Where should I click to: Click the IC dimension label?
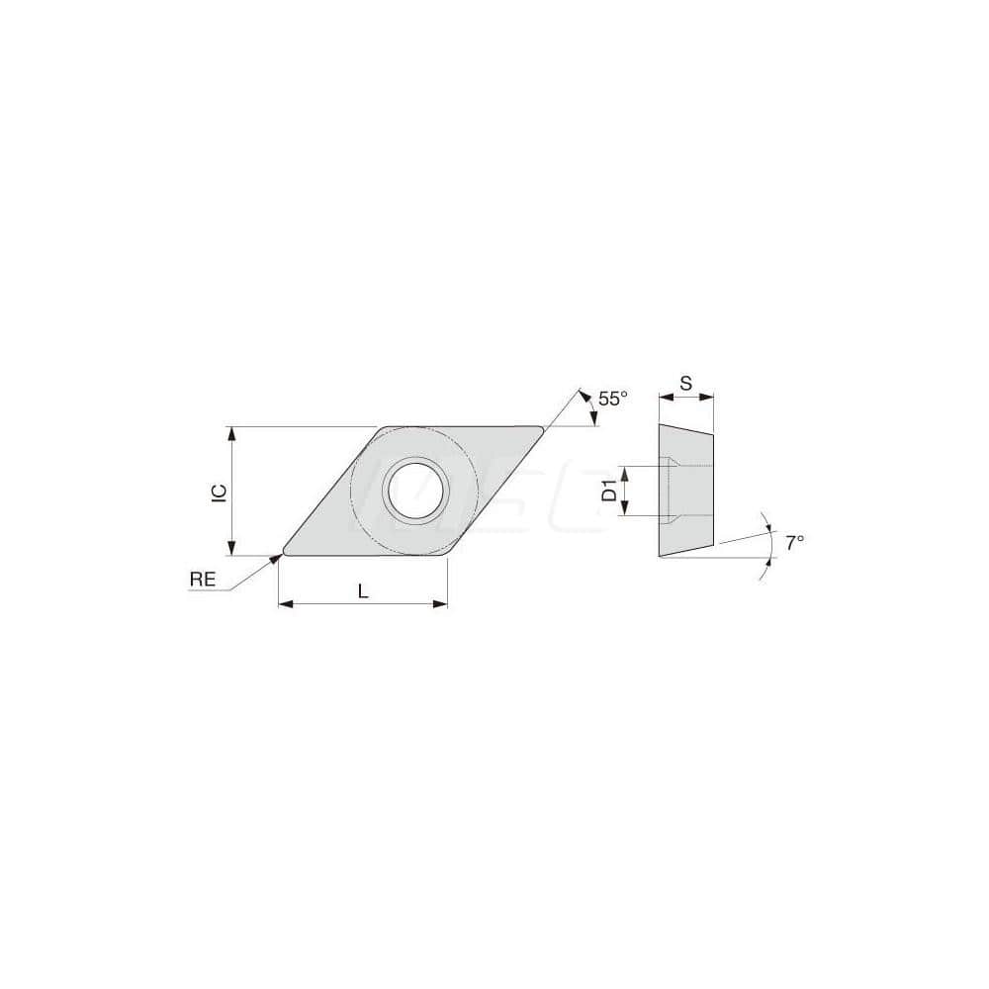pos(221,492)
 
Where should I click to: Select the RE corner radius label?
pos(203,581)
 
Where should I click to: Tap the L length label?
pos(363,591)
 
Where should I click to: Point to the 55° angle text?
pos(613,399)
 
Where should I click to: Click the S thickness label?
pos(685,382)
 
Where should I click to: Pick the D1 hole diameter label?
pos(610,490)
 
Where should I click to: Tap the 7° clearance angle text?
pos(794,542)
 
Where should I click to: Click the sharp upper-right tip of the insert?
pos(542,429)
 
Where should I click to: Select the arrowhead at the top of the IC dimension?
pos(231,433)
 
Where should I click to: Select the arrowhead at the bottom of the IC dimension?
pos(231,550)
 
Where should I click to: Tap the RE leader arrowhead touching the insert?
pos(276,559)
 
